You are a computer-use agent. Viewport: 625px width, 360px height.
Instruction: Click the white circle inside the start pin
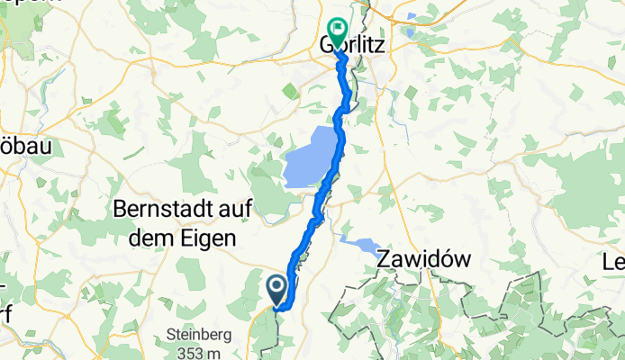276,286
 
